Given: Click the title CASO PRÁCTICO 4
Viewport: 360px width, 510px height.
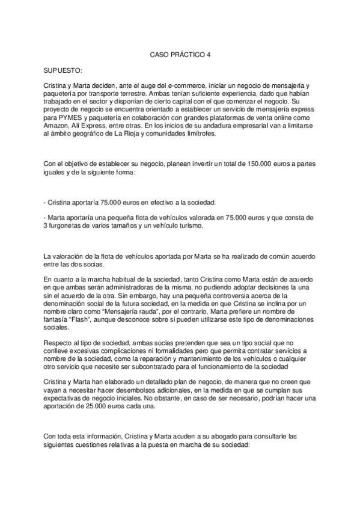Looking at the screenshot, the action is [x=180, y=54].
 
